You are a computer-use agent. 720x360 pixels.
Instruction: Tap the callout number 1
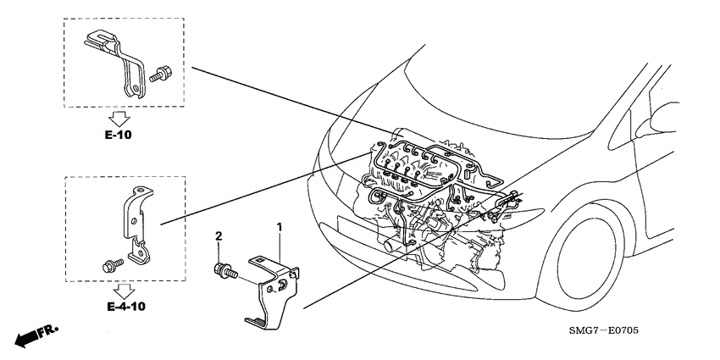pos(280,228)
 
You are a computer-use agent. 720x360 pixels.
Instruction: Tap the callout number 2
pos(218,235)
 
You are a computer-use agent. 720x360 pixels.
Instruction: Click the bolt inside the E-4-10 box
pos(110,264)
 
